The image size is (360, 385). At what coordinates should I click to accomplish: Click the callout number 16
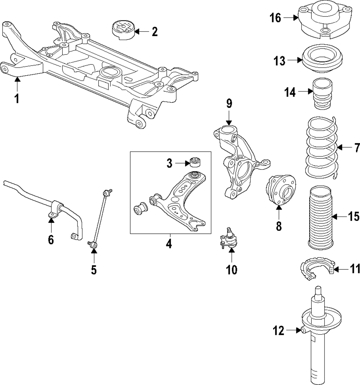point(275,18)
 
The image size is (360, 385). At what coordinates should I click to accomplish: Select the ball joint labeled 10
point(228,238)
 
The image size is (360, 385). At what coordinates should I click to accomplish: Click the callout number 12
point(278,330)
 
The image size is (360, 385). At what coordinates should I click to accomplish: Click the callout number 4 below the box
point(169,244)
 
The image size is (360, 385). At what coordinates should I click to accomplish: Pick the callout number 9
point(229,104)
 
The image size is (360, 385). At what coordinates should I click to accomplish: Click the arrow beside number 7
point(344,147)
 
